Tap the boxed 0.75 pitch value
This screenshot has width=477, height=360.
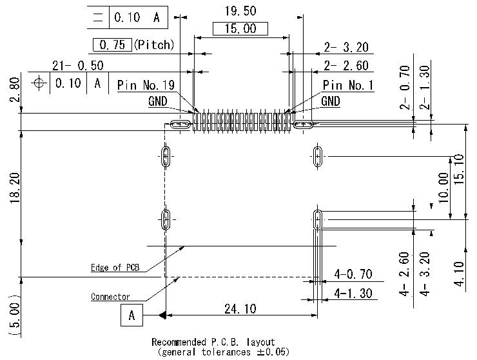pos(113,45)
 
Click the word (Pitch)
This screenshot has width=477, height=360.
pos(155,45)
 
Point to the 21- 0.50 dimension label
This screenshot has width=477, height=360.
pos(77,65)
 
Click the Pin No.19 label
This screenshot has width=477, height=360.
pos(146,85)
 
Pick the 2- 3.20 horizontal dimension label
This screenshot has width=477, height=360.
pos(346,47)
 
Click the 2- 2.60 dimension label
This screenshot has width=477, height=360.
pos(346,65)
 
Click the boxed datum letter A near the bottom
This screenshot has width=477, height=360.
pos(131,315)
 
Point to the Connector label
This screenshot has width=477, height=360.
pos(110,297)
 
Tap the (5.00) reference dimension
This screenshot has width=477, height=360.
pos(14,317)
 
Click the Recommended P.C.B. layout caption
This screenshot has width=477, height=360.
pos(213,342)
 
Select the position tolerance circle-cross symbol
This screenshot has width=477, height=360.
pos(40,83)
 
